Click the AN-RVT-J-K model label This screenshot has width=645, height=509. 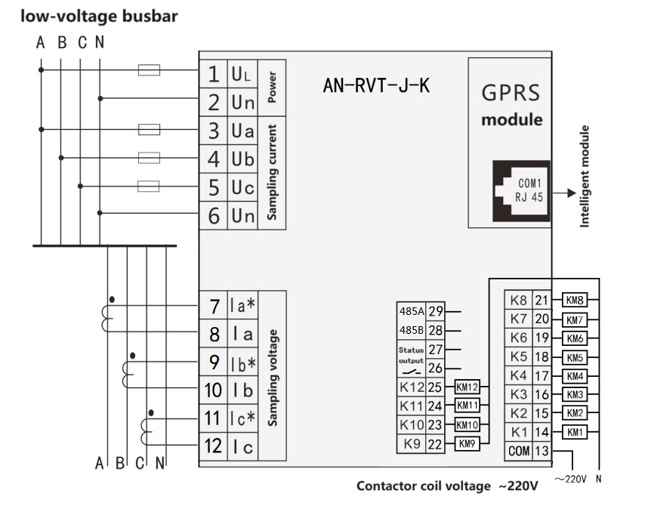pos(377,85)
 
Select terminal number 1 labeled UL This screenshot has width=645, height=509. pos(214,74)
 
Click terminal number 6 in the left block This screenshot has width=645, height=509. pos(214,216)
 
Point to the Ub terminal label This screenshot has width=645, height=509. pos(242,159)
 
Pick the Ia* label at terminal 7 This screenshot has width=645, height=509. pos(242,307)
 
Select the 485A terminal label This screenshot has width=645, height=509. pos(412,310)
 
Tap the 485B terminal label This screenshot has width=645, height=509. pos(412,330)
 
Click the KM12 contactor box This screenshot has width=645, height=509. pos(468,387)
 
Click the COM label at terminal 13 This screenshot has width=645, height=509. pos(519,451)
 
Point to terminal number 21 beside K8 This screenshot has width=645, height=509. pos(542,300)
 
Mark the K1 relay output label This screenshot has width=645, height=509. pos(519,432)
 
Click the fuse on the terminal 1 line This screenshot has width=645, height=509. pos(149,71)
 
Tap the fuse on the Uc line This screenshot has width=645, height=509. pos(149,186)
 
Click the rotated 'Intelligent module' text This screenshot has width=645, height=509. pos(585,175)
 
